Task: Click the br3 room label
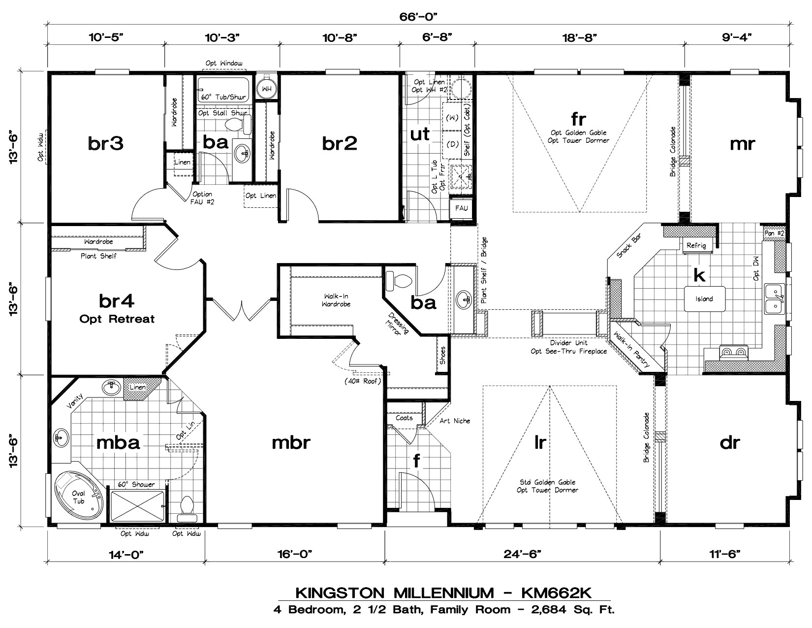click(x=105, y=143)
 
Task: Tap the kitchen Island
click(x=704, y=298)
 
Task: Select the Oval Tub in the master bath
click(x=79, y=496)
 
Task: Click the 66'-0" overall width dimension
click(x=419, y=16)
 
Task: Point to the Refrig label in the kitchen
click(x=696, y=245)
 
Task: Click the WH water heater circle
click(x=267, y=89)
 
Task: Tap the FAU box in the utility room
click(x=461, y=208)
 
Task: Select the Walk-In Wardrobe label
click(x=336, y=300)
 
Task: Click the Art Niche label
click(x=455, y=421)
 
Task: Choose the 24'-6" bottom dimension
click(x=522, y=554)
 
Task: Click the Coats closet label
click(x=404, y=418)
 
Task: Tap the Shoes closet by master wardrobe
click(x=442, y=355)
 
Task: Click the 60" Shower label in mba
click(x=136, y=484)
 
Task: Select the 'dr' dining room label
click(x=729, y=442)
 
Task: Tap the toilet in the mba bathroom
click(x=187, y=507)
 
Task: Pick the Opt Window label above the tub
click(x=224, y=64)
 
